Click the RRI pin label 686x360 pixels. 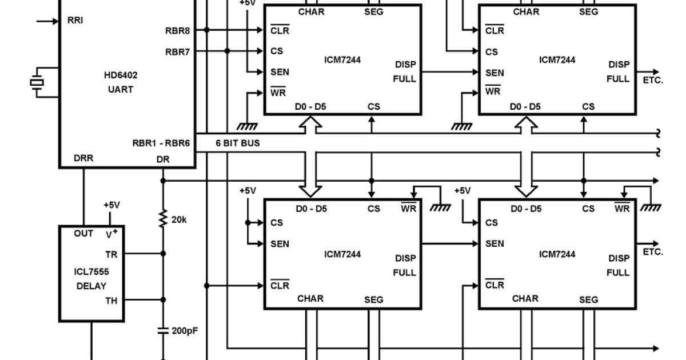pos(75,21)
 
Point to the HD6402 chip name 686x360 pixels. pos(121,75)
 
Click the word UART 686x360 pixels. pos(121,89)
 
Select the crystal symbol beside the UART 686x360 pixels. pos(37,82)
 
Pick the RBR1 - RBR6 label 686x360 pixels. pos(161,143)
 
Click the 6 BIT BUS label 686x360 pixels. pos(237,143)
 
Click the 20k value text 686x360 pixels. pos(180,219)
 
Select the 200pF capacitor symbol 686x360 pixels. pos(163,330)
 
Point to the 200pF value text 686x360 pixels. pos(185,330)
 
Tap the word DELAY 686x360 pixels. pos(91,286)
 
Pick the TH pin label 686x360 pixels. pos(111,299)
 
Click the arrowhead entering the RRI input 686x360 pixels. pos(55,21)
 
